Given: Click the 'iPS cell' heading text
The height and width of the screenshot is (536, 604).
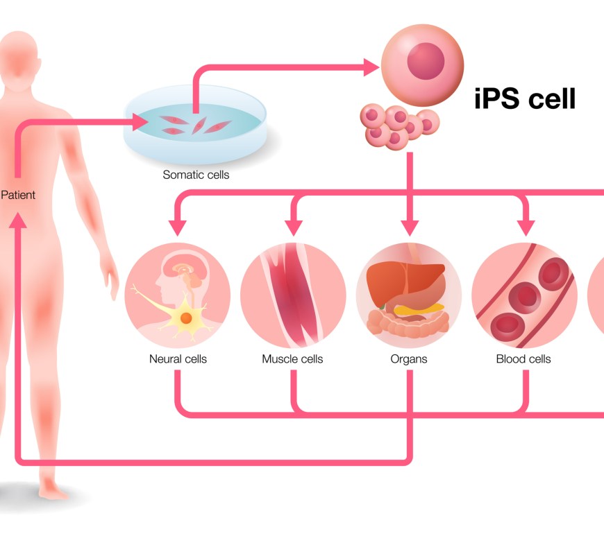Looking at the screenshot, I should tap(525, 98).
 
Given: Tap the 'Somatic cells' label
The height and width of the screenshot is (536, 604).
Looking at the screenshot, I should tap(196, 175).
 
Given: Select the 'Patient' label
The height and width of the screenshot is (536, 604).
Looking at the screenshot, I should tap(18, 195).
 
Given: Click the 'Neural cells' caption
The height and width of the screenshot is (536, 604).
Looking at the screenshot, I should tap(178, 359).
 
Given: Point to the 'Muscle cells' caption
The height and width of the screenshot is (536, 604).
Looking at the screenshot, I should tap(292, 359).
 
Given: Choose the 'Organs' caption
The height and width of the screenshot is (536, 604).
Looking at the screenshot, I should tap(409, 359).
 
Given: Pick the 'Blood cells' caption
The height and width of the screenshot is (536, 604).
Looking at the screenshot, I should tap(523, 359).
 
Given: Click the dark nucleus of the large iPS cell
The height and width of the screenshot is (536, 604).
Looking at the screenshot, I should tap(425, 60).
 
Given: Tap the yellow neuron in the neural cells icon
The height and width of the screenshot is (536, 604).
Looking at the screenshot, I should tap(186, 318).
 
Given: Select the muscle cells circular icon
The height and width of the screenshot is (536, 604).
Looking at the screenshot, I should tap(293, 295).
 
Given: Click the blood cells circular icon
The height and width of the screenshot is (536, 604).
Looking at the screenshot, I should tap(524, 295).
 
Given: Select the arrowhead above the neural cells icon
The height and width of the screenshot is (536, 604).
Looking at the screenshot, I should tap(178, 225).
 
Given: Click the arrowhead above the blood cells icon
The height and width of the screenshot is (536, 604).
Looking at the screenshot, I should tap(525, 225).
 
